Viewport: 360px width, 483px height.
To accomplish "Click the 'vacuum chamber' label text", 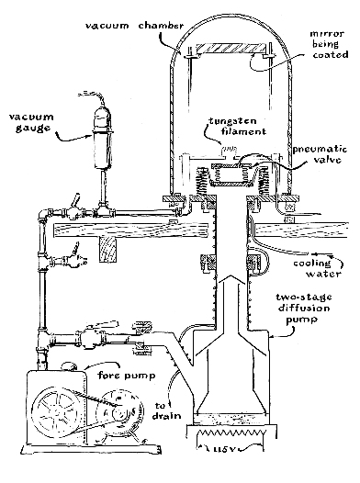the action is pos(134,26).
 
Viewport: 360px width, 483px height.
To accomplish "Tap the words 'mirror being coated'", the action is pos(329,44).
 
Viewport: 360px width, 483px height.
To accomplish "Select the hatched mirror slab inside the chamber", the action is pos(231,49).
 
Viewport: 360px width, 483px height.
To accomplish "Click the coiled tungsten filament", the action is pos(229,149).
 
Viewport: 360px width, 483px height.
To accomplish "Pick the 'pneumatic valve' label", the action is pos(321,154).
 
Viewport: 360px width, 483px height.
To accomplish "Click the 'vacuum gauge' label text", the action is pos(31,122).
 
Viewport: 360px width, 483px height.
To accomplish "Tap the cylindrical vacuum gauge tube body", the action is pos(102,150).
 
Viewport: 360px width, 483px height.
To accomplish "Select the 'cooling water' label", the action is pos(317,268).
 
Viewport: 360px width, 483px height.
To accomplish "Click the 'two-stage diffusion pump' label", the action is pos(303,308).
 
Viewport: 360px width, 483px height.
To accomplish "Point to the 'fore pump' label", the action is pos(127,376).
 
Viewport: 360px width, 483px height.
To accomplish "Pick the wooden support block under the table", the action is pos(108,250).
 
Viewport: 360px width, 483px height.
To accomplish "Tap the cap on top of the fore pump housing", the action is pos(69,366).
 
